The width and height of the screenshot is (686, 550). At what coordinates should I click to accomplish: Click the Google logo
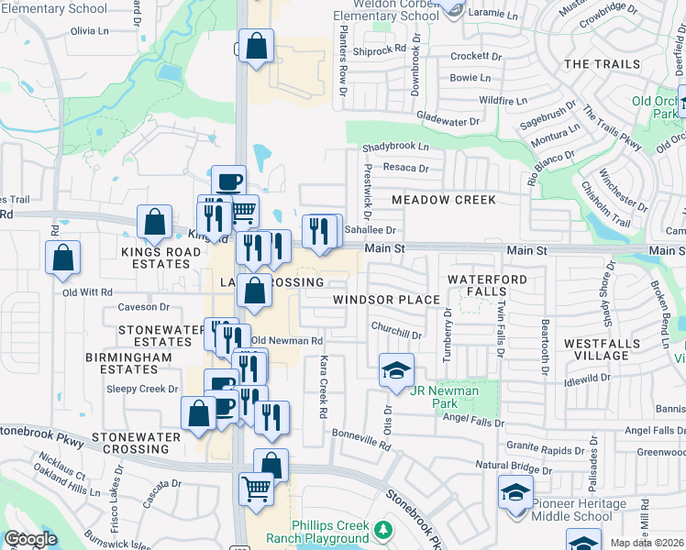(x=30, y=539)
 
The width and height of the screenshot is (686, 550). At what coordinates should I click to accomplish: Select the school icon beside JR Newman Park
(x=396, y=370)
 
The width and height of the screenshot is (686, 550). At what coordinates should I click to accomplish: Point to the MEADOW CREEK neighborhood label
(x=443, y=200)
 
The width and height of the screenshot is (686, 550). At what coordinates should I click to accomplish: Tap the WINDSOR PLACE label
(x=386, y=300)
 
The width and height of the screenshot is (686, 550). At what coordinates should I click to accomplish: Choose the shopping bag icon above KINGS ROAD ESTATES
(x=155, y=223)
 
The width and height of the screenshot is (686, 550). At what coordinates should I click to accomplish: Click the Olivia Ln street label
(x=89, y=30)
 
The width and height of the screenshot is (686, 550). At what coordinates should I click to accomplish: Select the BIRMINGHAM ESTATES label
(x=121, y=363)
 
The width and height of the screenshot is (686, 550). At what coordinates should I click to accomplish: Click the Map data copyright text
(x=647, y=543)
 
